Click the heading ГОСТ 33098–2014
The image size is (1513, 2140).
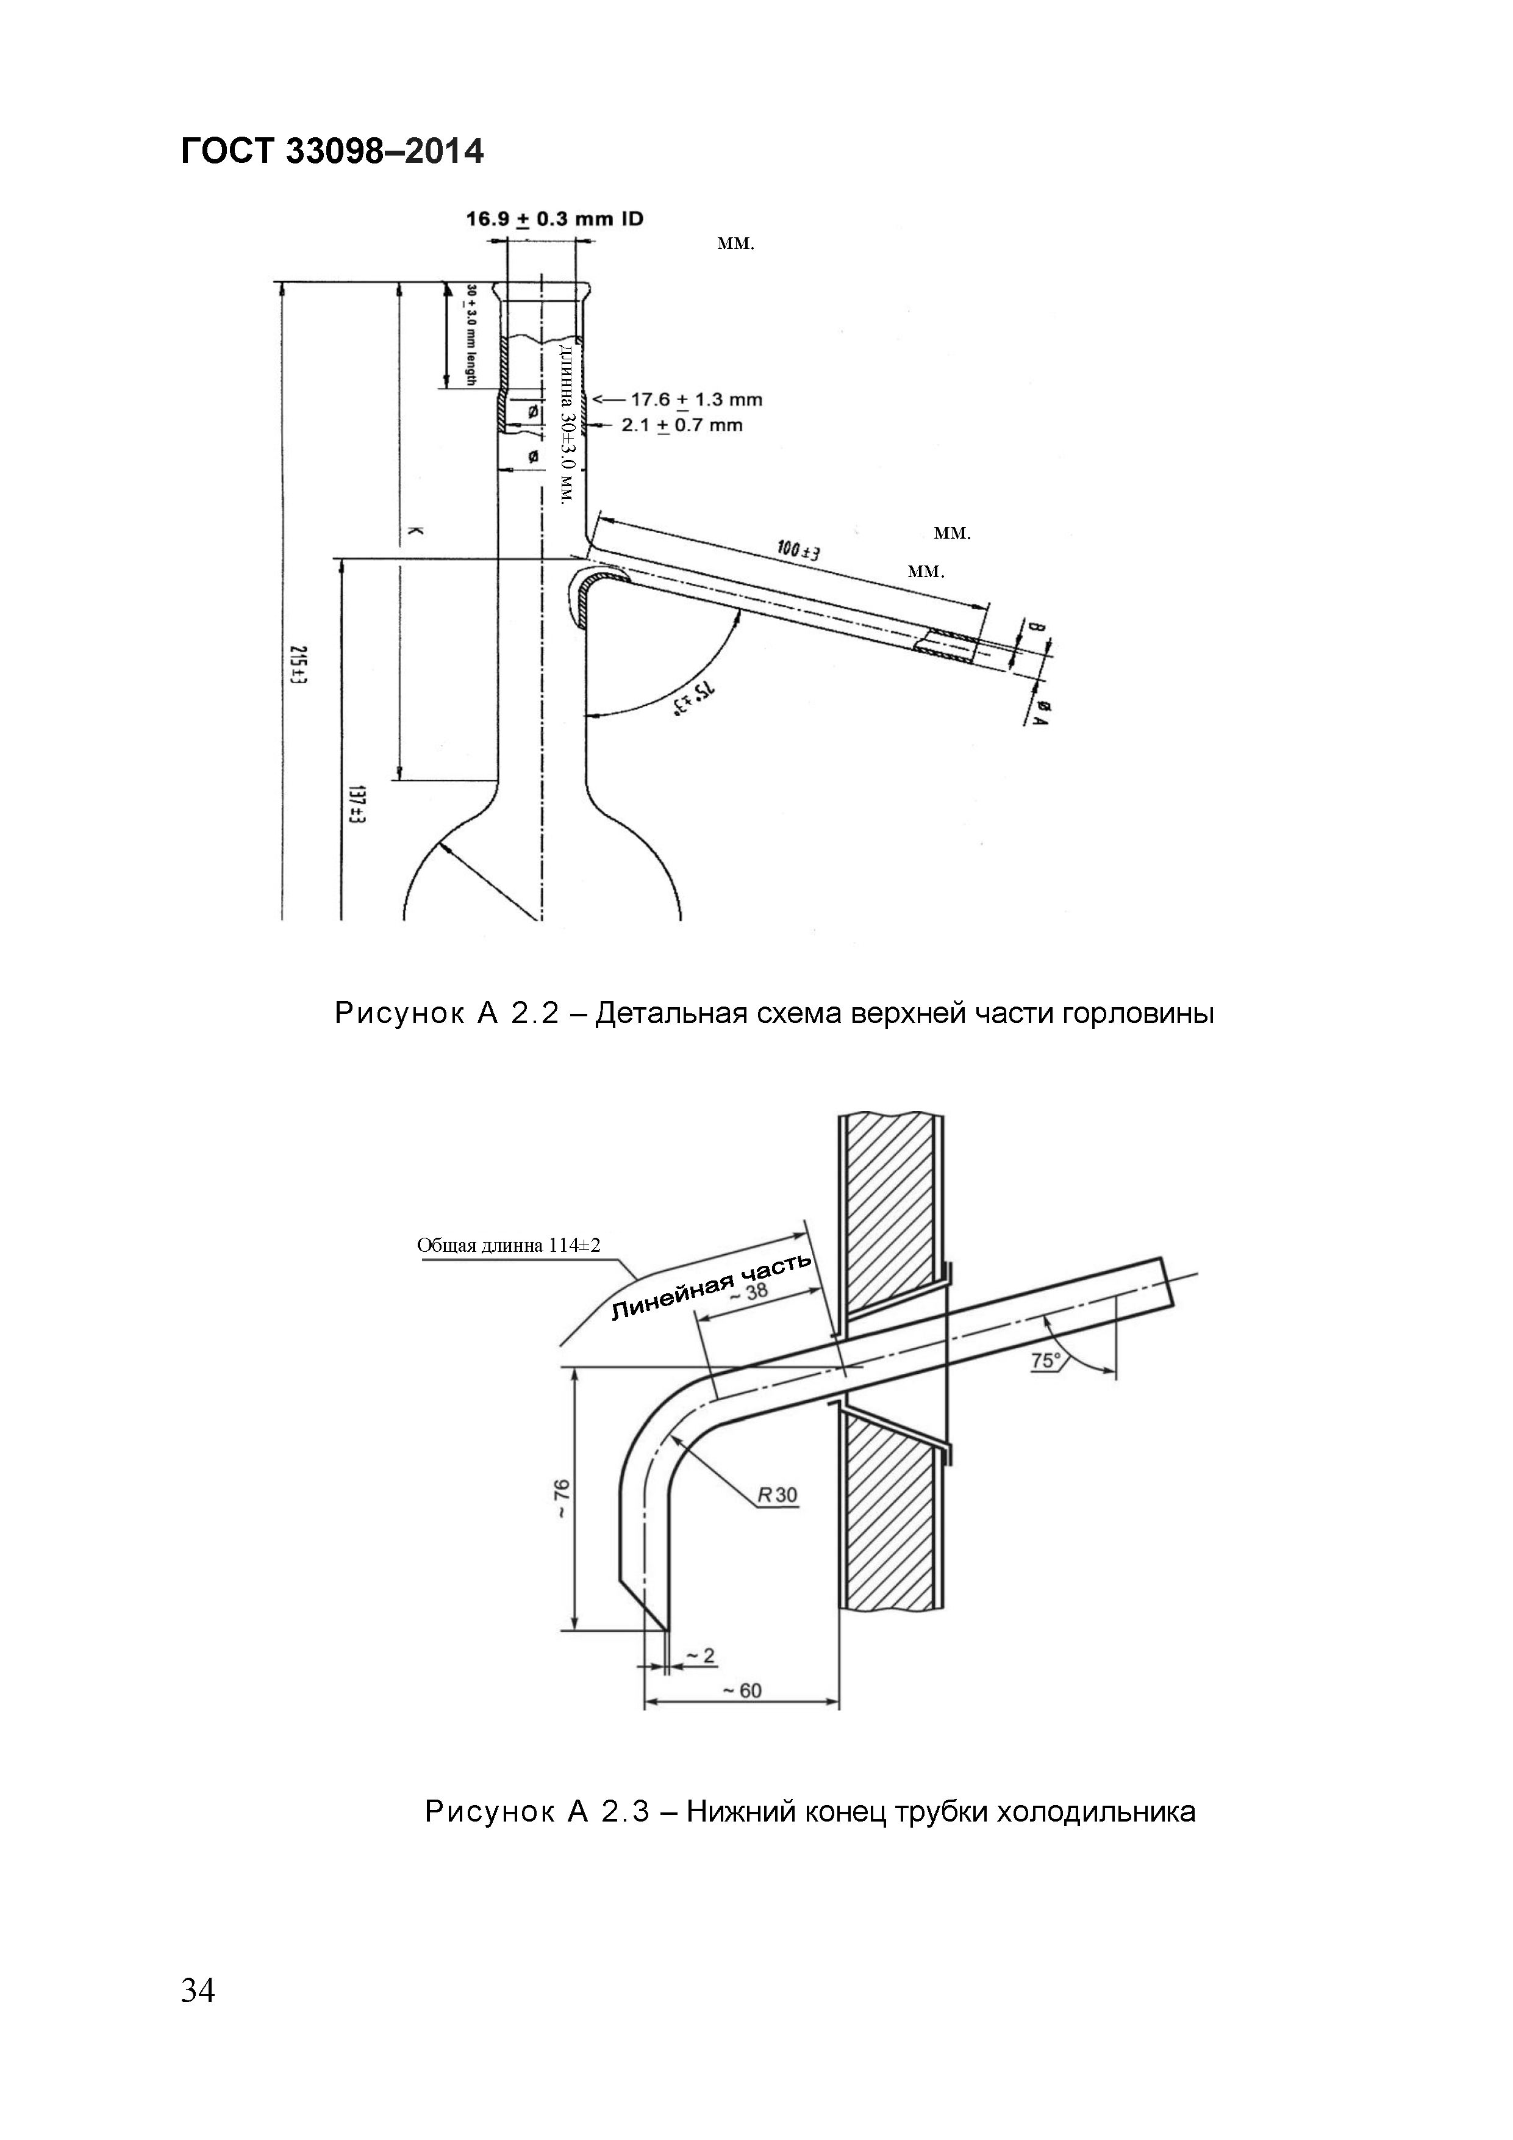[332, 150]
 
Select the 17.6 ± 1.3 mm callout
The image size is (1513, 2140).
[696, 400]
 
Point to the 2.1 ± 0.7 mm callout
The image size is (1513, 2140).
[682, 426]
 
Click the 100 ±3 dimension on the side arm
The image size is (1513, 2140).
[798, 552]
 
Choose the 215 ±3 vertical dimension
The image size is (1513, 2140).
[298, 664]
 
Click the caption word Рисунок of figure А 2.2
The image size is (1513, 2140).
[399, 1013]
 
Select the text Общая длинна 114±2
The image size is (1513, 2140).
[509, 1245]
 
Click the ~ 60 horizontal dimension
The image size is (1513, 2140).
[742, 1691]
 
